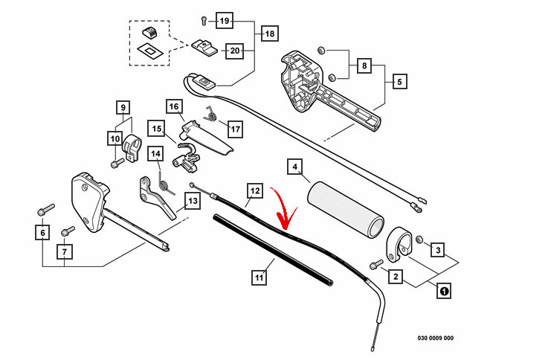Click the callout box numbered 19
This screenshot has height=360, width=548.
click(225, 20)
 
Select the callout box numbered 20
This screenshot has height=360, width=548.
click(234, 51)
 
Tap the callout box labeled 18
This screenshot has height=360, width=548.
click(269, 34)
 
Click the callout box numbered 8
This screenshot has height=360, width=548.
click(400, 83)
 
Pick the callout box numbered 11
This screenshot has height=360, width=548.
click(259, 278)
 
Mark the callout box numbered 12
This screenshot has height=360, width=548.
click(254, 191)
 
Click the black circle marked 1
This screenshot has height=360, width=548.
click(443, 292)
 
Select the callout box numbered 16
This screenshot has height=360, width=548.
click(174, 106)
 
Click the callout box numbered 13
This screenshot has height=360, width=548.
click(192, 201)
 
